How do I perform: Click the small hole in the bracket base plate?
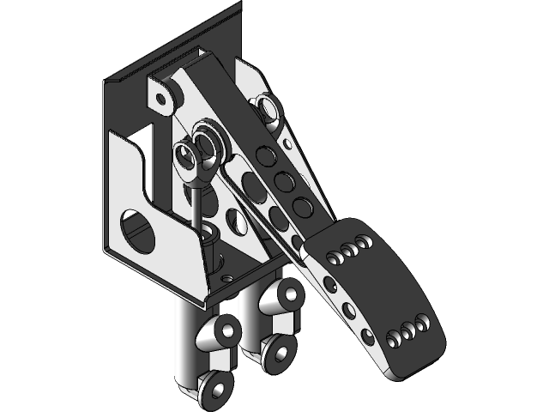(x=226, y=278)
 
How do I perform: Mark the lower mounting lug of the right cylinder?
(x=279, y=351)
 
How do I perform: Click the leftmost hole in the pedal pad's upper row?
(x=333, y=255)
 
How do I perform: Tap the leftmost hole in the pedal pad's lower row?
(x=393, y=340)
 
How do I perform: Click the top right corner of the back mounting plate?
(x=239, y=7)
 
